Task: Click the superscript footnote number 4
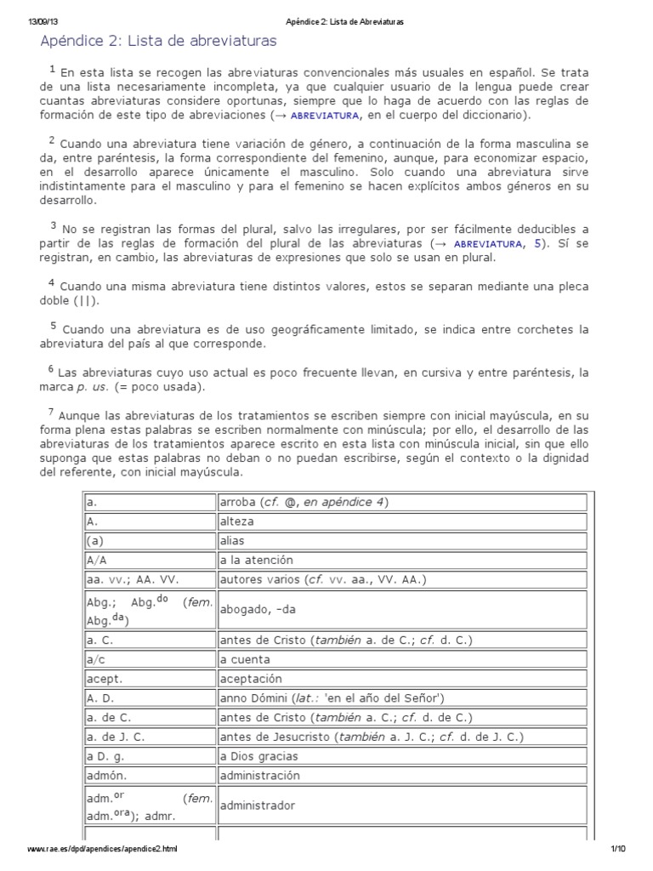tap(52, 283)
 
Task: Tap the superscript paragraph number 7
tap(51, 413)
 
